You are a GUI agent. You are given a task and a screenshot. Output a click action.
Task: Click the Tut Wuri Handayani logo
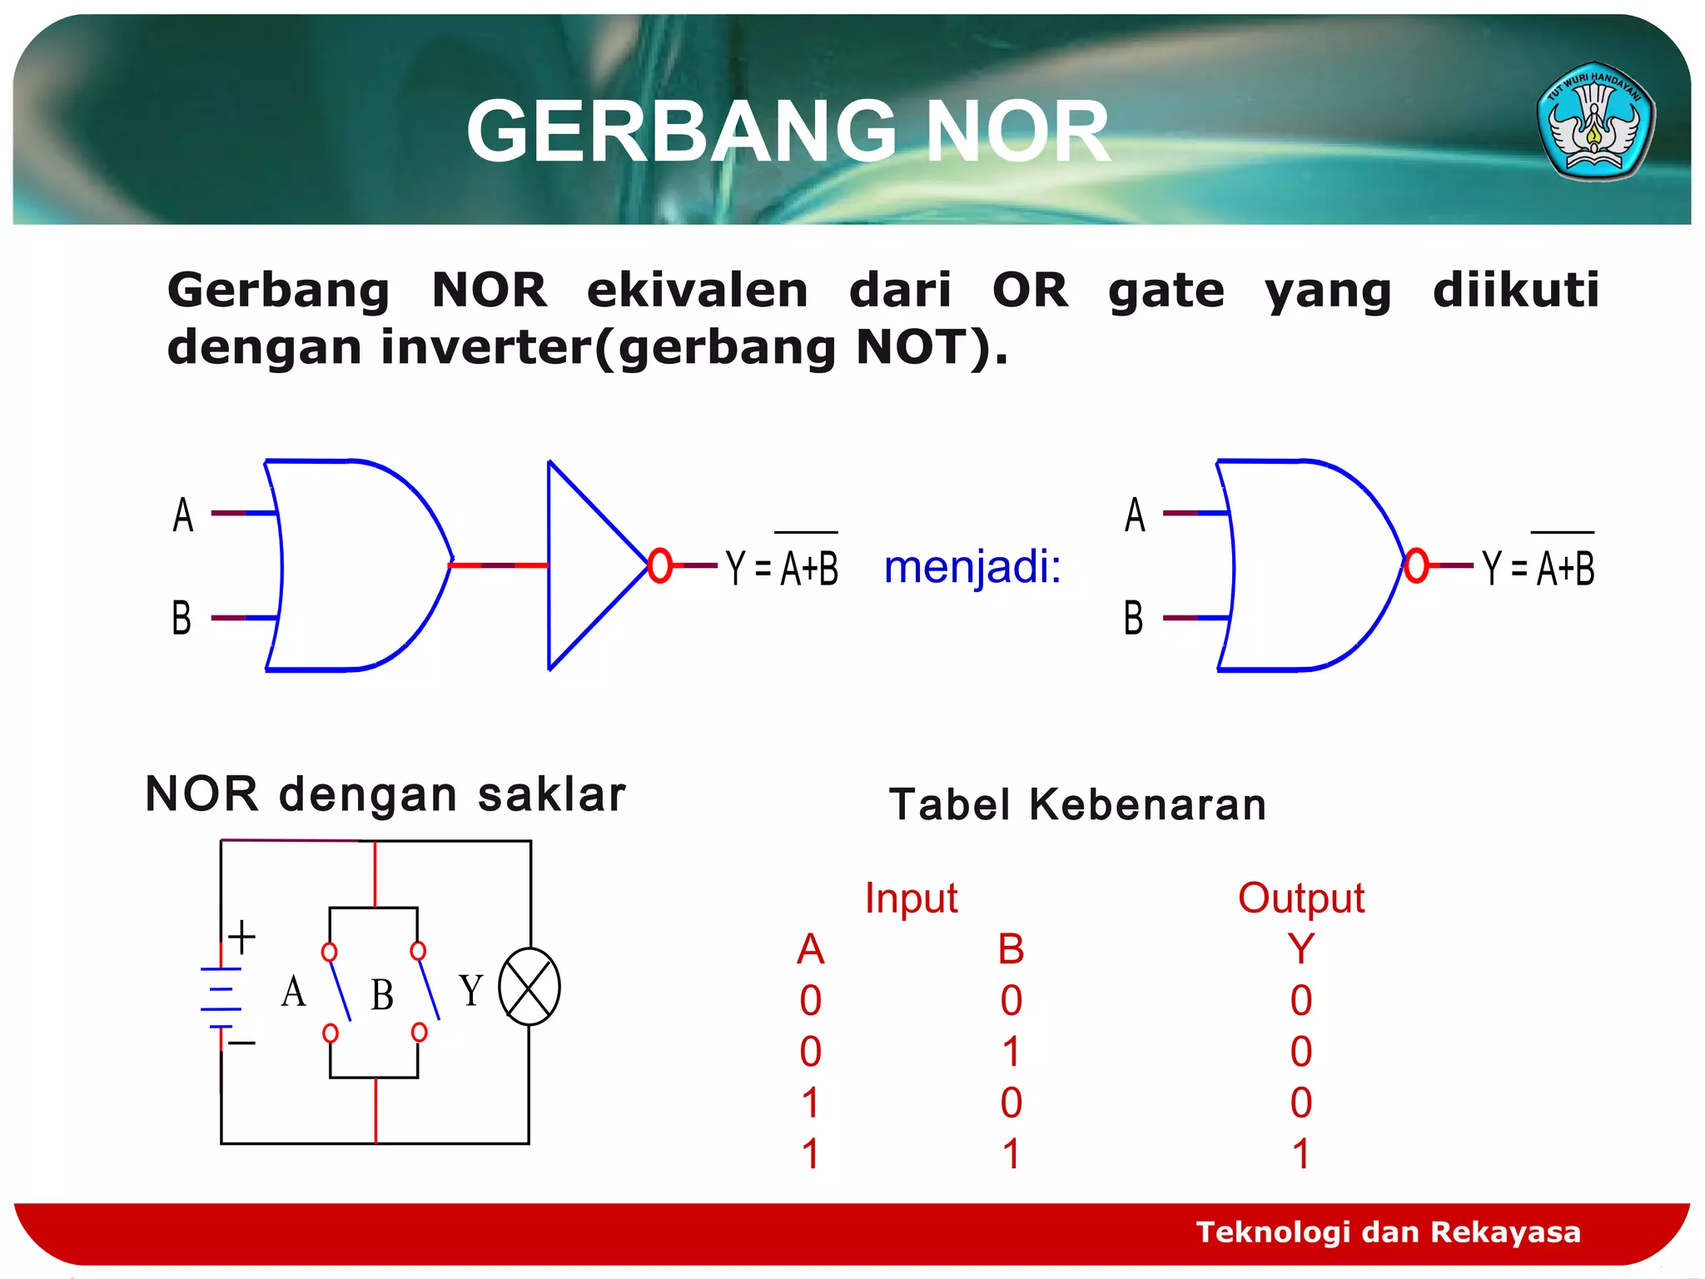pyautogui.click(x=1595, y=121)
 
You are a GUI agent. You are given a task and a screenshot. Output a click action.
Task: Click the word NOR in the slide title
pyautogui.click(x=1017, y=132)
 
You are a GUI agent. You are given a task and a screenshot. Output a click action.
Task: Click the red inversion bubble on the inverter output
pyautogui.click(x=659, y=565)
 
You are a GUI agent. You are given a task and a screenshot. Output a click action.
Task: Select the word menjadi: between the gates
pyautogui.click(x=972, y=567)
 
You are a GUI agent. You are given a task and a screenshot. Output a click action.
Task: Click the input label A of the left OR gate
pyautogui.click(x=183, y=515)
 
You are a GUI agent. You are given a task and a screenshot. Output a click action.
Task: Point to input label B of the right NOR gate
pyautogui.click(x=1133, y=618)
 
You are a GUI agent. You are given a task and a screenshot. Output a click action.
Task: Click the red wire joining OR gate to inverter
pyautogui.click(x=498, y=565)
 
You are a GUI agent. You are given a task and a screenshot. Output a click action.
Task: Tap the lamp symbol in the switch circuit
pyautogui.click(x=529, y=987)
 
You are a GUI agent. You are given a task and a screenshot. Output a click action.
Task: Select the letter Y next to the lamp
pyautogui.click(x=471, y=990)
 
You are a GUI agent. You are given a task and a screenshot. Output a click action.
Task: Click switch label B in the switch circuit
pyautogui.click(x=382, y=994)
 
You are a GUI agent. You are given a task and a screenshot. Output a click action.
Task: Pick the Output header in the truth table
pyautogui.click(x=1300, y=898)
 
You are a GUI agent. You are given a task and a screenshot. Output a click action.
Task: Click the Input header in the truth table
pyautogui.click(x=911, y=898)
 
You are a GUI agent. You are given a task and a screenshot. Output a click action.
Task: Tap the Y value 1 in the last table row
pyautogui.click(x=1301, y=1154)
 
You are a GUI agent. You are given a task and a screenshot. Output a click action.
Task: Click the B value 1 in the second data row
pyautogui.click(x=1012, y=1052)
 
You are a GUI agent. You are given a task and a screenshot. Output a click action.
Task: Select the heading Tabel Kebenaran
pyautogui.click(x=1077, y=804)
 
